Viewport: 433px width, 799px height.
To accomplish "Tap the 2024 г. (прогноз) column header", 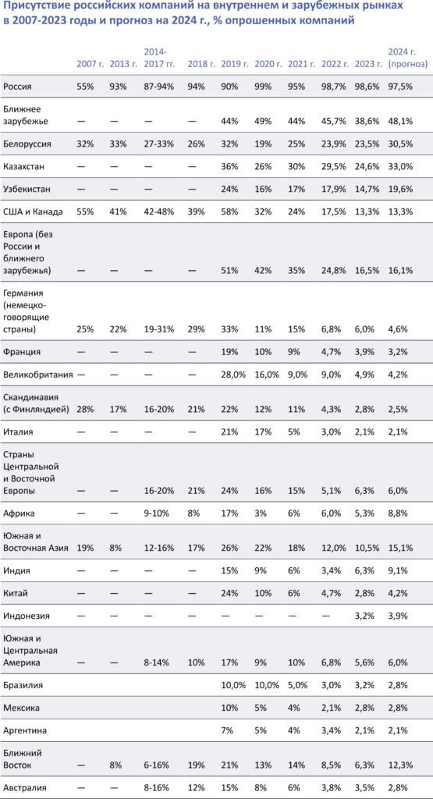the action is [403, 58].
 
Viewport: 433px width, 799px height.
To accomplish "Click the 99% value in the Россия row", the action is [263, 86].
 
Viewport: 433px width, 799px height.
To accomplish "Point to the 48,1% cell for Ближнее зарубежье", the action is [400, 121].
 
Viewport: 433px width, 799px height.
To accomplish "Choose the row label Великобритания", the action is [38, 376].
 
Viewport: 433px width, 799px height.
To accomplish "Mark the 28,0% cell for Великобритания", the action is [233, 376].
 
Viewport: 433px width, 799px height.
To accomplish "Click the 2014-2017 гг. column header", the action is [159, 58].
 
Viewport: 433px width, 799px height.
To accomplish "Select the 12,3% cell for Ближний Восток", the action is [400, 765].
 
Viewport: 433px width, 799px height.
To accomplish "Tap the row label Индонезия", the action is [27, 616].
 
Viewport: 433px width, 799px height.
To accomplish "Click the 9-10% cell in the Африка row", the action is [157, 513].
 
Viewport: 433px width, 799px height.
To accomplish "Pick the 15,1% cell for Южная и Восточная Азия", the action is [400, 548].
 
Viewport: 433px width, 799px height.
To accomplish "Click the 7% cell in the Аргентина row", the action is [227, 730].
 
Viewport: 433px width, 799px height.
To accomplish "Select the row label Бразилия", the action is [23, 685].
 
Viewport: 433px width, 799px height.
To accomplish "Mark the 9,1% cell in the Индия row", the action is [398, 570].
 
